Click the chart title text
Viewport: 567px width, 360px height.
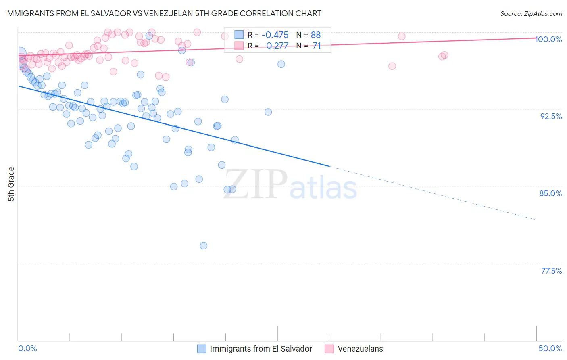coord(163,13)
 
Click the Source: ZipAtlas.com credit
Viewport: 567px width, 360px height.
coord(531,14)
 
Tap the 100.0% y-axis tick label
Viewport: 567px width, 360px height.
coord(548,39)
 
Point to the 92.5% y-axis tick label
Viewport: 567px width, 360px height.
coord(551,116)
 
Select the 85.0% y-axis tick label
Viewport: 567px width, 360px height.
coord(550,193)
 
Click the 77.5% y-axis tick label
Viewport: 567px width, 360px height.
coord(551,271)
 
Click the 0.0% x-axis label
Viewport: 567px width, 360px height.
coord(27,348)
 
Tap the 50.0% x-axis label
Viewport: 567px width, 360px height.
coord(550,348)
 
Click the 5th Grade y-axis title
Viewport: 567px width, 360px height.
coord(11,184)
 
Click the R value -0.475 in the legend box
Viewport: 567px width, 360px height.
coord(275,35)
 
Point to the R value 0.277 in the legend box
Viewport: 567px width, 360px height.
coord(277,46)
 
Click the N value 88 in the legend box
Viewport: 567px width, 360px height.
coord(316,35)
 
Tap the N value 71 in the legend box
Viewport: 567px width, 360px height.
coord(317,46)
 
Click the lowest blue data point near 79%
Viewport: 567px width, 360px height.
coord(204,246)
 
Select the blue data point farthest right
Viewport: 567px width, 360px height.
coord(281,64)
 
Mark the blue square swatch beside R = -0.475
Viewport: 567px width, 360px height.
coord(239,35)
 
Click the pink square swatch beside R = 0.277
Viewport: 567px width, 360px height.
coord(239,46)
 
